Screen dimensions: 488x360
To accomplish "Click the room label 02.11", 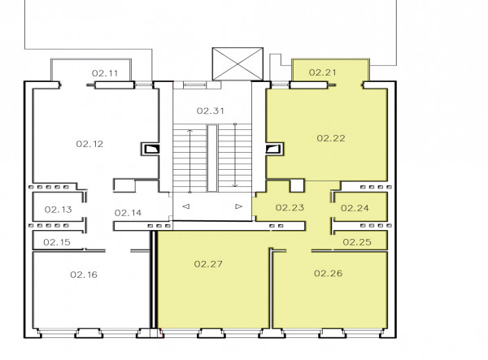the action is tap(105, 73).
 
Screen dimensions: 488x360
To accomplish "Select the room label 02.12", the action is tap(89, 144).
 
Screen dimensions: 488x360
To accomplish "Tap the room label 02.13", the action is tap(59, 210).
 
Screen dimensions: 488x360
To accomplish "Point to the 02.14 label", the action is tap(128, 213).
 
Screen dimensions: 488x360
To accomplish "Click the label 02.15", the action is tap(57, 242).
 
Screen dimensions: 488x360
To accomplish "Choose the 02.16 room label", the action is tap(84, 275).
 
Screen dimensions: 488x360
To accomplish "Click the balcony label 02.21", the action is tap(323, 72).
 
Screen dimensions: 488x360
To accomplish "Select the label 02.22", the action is tap(331, 138).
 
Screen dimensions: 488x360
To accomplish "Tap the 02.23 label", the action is tap(290, 208).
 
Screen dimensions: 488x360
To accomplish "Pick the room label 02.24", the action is tap(355, 208).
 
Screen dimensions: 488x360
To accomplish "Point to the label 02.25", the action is tap(357, 242).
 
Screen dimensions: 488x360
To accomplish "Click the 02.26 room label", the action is tap(329, 274).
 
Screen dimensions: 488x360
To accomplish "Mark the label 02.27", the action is tap(208, 264).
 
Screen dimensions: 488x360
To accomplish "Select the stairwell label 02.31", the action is tap(211, 111).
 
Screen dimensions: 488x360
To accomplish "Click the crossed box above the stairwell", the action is tap(237, 63).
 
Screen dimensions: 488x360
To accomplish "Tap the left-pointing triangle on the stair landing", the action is tap(186, 206).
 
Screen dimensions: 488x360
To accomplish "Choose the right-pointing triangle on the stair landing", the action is tap(238, 206).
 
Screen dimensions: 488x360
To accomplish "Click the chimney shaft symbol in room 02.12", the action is tap(150, 150).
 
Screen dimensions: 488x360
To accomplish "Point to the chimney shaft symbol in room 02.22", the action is tap(275, 150).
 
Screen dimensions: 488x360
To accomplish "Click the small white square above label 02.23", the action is tap(297, 185).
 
